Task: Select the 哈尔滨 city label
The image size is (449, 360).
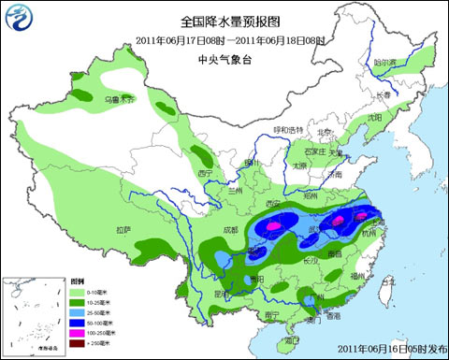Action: [x=385, y=64]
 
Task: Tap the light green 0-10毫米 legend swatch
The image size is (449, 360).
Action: [x=80, y=293]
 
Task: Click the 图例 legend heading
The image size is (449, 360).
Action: [x=80, y=281]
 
